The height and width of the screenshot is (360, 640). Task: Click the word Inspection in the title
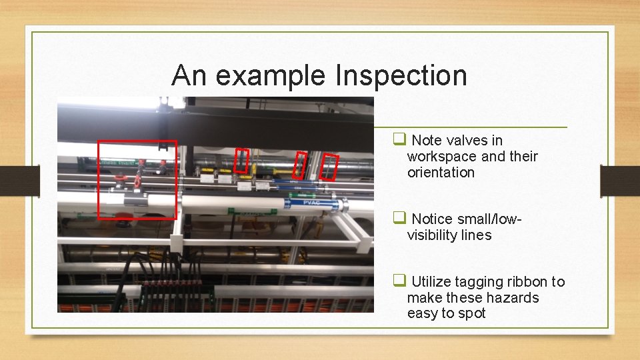pyautogui.click(x=401, y=76)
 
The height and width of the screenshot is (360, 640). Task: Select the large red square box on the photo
pyautogui.click(x=137, y=179)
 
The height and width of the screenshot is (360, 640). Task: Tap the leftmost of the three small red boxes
pyautogui.click(x=241, y=161)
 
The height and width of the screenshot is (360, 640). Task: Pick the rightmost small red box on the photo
pyautogui.click(x=329, y=167)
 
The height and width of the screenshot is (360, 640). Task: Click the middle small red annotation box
pyautogui.click(x=301, y=165)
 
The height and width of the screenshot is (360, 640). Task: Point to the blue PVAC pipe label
pyautogui.click(x=311, y=202)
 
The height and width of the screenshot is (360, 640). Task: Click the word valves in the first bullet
pyautogui.click(x=465, y=140)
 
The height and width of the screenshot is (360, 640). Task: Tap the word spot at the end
pyautogui.click(x=471, y=313)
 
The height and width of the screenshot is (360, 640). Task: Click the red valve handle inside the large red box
pyautogui.click(x=137, y=180)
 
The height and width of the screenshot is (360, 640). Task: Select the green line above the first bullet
pyautogui.click(x=470, y=127)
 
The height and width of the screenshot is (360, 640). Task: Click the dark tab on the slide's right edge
pyautogui.click(x=619, y=180)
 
